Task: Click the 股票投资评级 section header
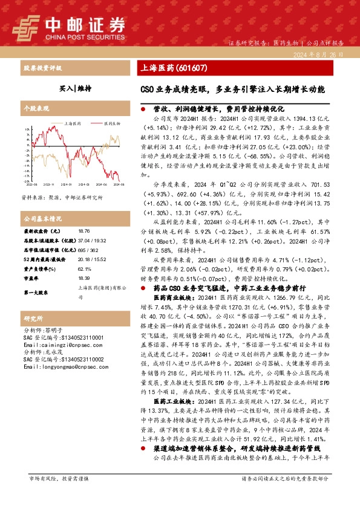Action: pyautogui.click(x=40, y=68)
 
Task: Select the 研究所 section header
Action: pyautogui.click(x=33, y=318)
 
